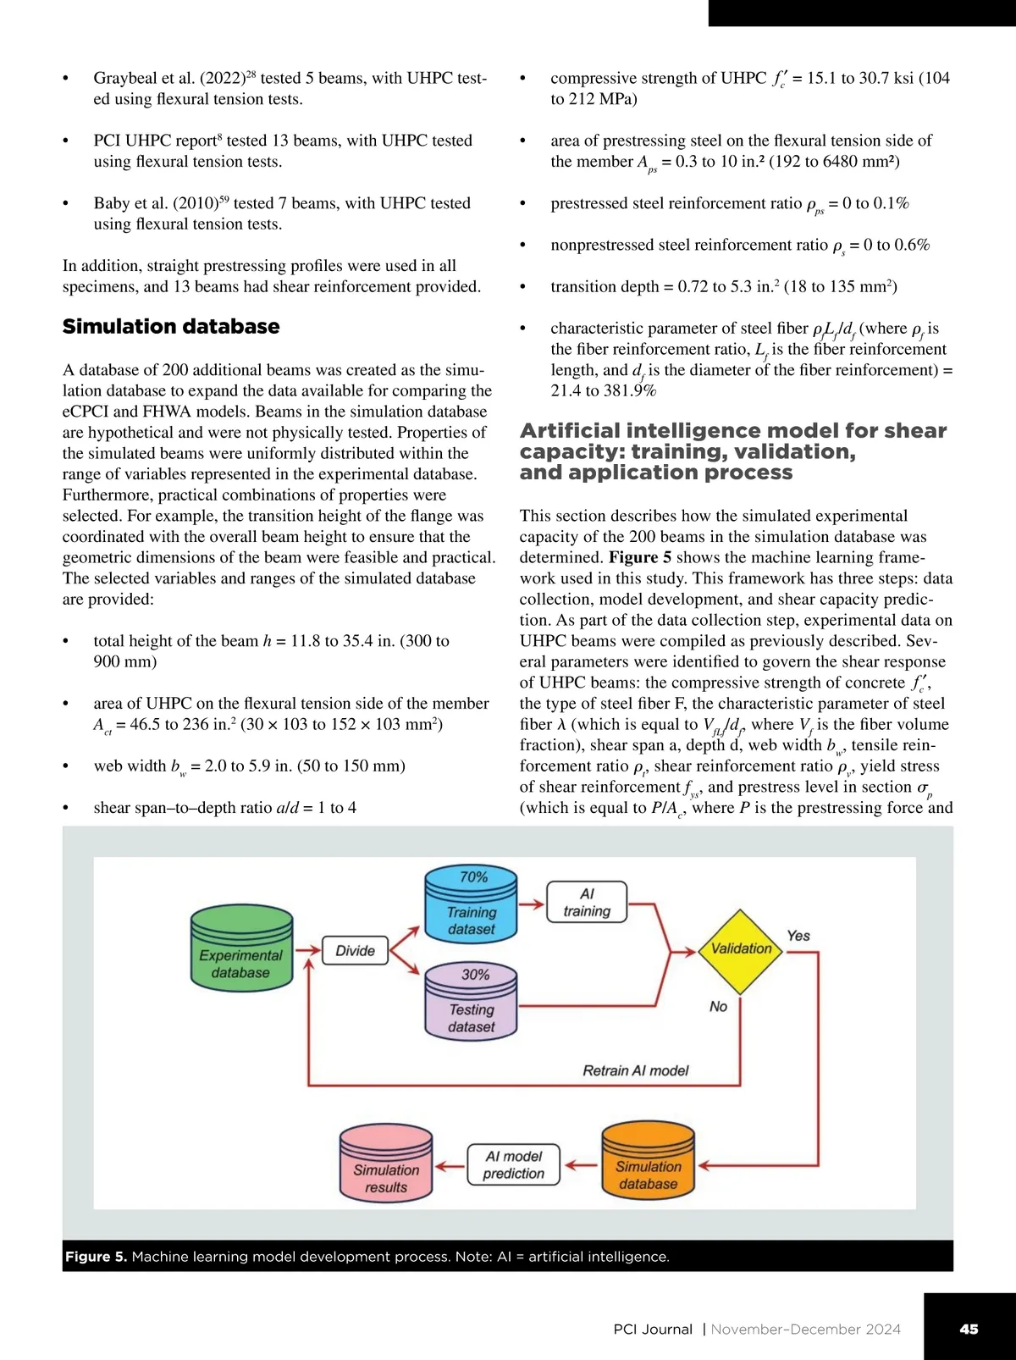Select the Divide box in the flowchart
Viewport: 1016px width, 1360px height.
[355, 951]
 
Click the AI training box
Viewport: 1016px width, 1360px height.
[587, 903]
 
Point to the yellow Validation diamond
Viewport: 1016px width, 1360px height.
[741, 949]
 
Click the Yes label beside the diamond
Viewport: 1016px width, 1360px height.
[798, 936]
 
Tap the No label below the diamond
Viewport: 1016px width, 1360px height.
[718, 1006]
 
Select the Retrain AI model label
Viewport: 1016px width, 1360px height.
[635, 1070]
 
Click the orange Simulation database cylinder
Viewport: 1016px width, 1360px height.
[648, 1165]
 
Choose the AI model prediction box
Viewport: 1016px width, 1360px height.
[513, 1165]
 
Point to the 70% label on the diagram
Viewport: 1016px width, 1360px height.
[473, 877]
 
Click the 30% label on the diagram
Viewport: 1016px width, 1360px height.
[475, 975]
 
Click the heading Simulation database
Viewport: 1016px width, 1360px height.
[171, 326]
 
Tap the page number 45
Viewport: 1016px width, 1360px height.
[969, 1329]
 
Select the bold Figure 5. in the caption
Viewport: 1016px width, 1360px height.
[96, 1257]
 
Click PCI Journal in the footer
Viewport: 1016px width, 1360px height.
[652, 1330]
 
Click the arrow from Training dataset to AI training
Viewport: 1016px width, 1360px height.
[532, 904]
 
